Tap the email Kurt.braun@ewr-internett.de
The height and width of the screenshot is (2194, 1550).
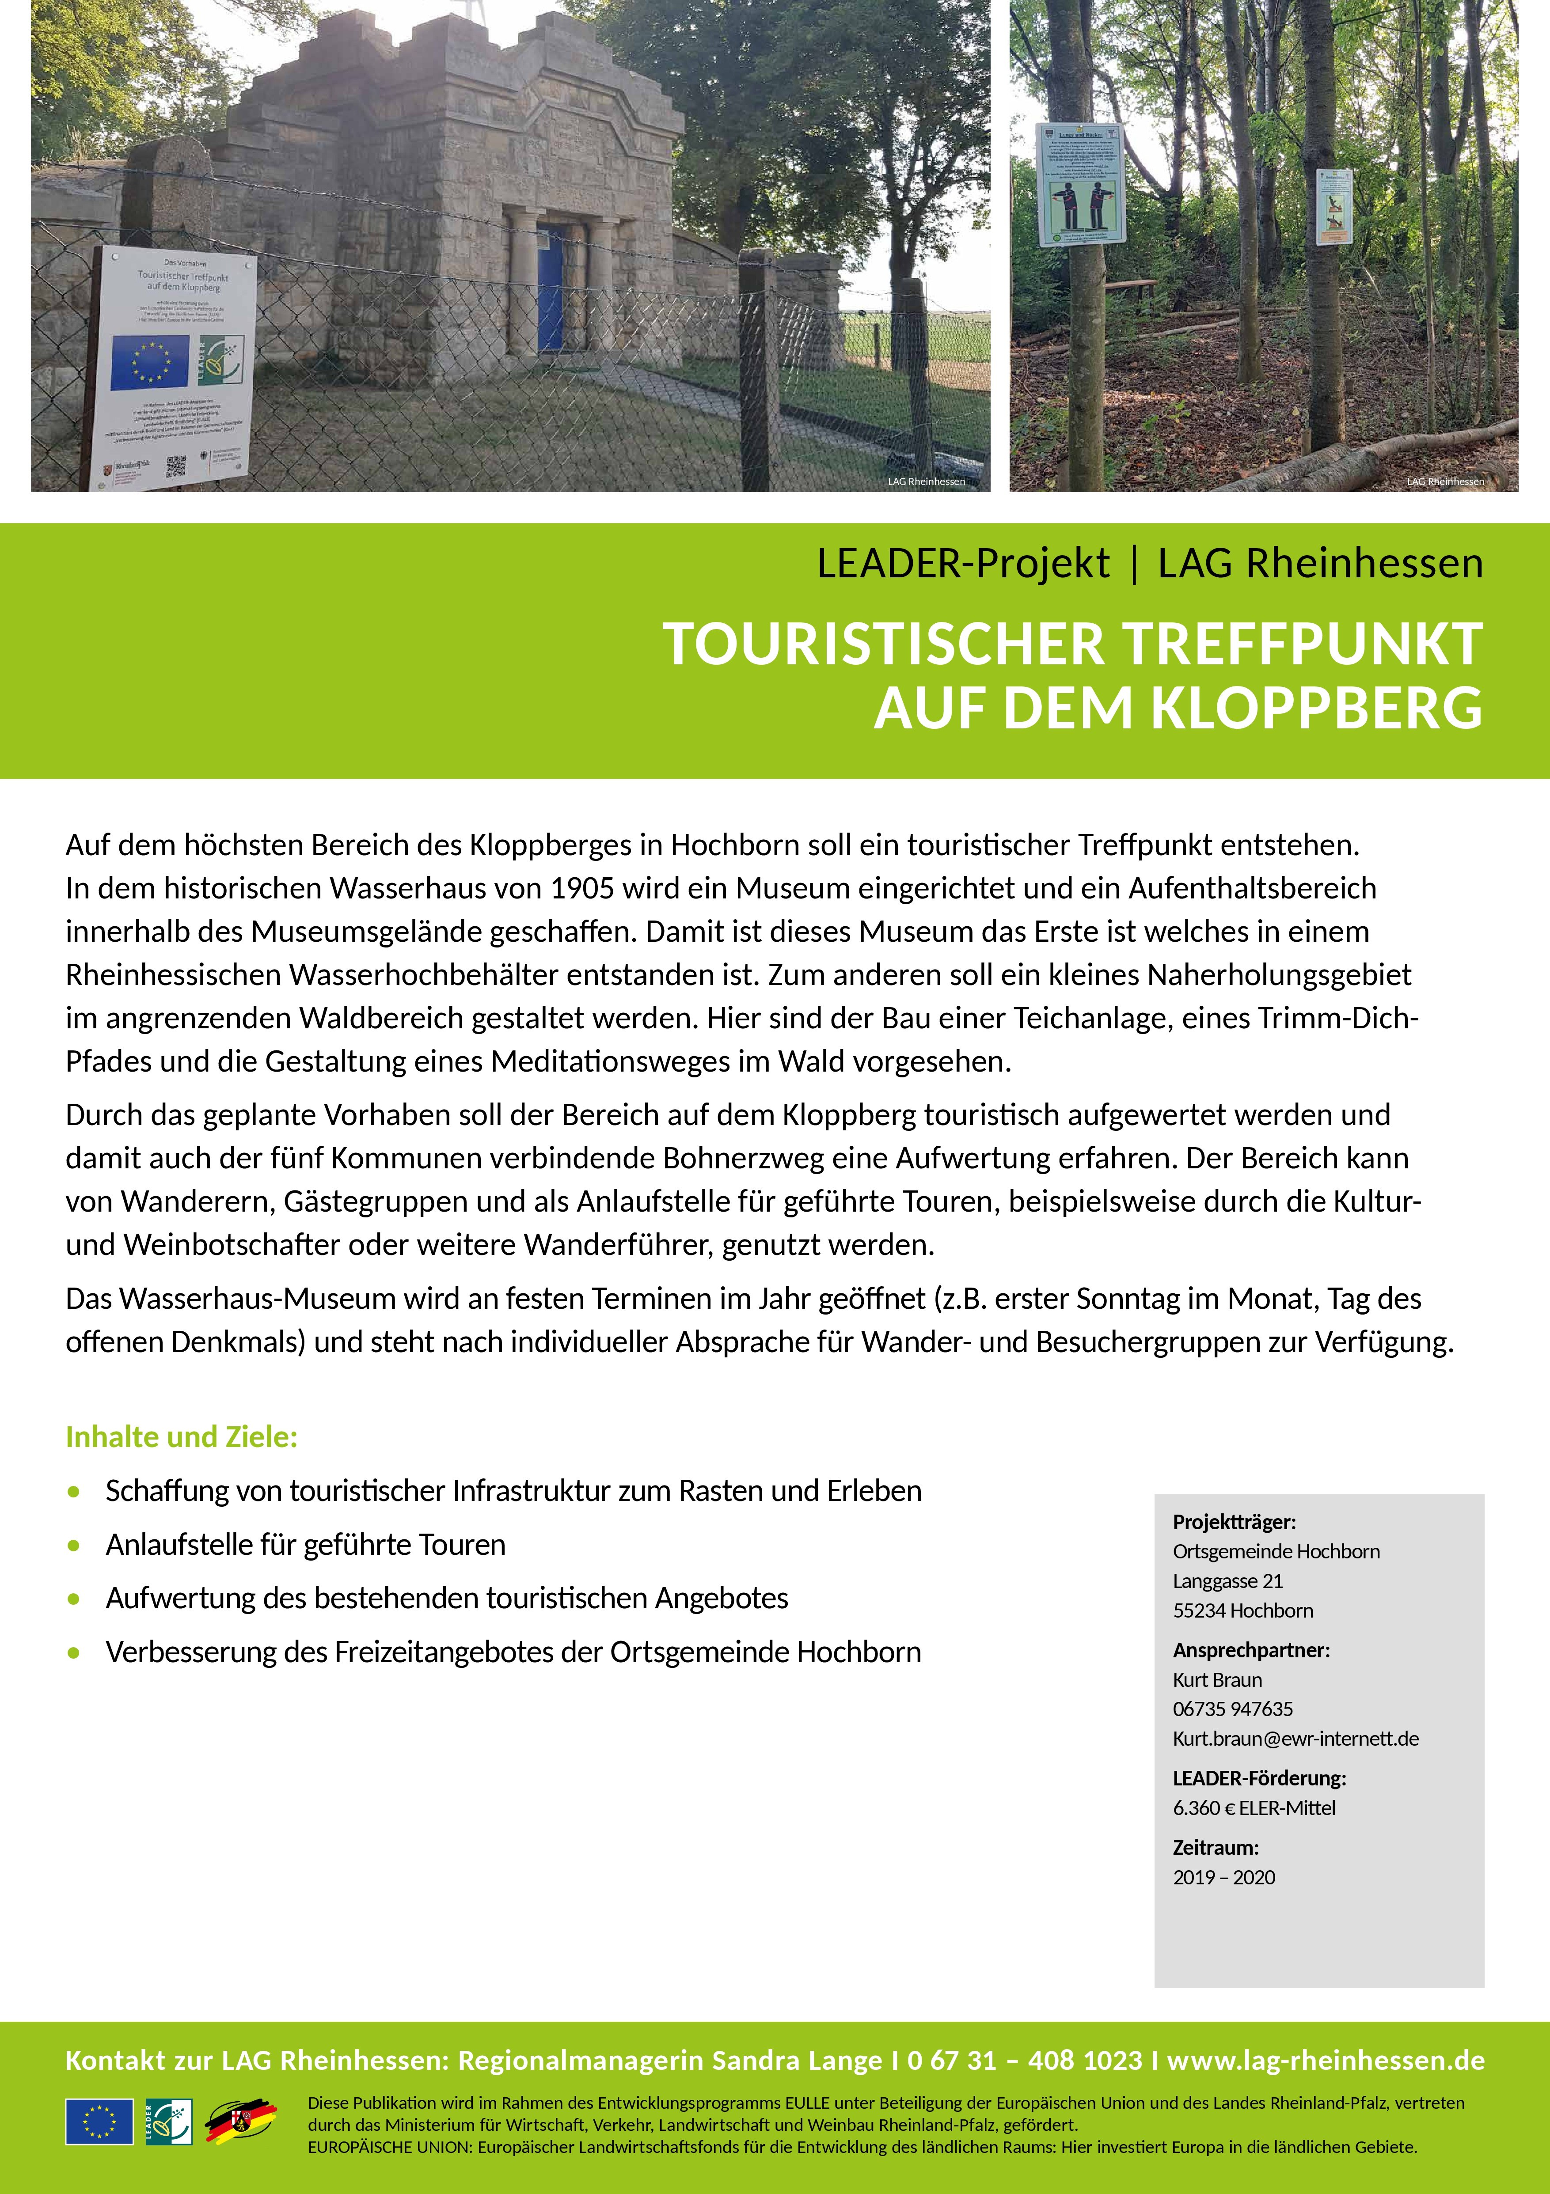1295,1739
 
